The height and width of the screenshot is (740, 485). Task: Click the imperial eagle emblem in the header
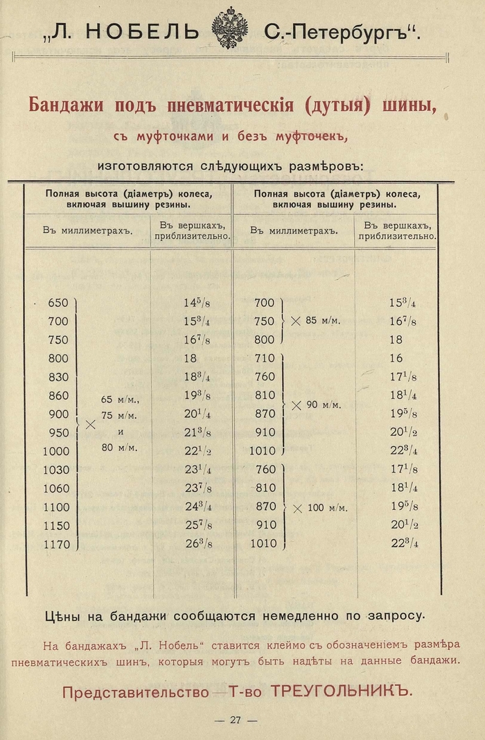[x=229, y=28]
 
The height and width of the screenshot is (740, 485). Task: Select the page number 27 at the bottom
[x=236, y=720]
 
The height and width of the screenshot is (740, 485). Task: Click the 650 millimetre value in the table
[x=58, y=303]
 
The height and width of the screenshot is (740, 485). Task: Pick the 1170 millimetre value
[x=57, y=545]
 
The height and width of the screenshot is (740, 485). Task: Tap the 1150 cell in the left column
[x=57, y=526]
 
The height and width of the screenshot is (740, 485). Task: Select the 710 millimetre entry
[x=265, y=358]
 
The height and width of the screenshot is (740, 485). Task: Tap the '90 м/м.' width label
[x=323, y=405]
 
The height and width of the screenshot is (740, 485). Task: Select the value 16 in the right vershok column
[x=396, y=358]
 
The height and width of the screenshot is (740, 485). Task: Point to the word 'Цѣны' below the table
[x=62, y=615]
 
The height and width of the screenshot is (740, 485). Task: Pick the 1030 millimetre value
[x=57, y=470]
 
